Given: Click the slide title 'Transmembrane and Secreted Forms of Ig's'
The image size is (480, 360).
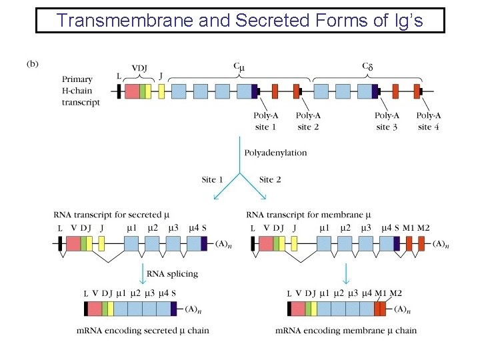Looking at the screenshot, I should coord(239,20).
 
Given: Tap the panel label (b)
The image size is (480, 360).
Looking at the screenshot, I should coord(32,64).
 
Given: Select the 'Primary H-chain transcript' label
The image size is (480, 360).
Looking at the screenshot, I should coord(81,91).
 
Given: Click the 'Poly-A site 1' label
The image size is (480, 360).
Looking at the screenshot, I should coord(265,121).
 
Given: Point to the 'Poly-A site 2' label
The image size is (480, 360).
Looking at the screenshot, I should coord(308,121).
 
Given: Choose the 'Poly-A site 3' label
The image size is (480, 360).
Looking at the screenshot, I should coord(387,121).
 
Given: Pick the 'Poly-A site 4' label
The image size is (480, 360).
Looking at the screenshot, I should coord(429,121).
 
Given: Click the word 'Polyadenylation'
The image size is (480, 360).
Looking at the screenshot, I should coord(276,153).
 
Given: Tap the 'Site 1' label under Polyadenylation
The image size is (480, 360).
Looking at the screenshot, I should coord(213,179).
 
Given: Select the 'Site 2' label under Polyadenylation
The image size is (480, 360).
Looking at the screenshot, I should coord(270,179).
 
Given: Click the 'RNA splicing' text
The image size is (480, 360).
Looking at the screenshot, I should coord(172,273).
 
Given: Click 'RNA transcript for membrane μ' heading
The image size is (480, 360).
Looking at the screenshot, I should coord(308,215).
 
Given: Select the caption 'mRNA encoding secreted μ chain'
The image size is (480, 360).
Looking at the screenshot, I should coord(142,330).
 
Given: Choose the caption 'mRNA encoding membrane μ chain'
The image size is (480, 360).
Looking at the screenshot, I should coord(346,330).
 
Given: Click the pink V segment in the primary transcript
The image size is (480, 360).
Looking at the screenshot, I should coord(132,91).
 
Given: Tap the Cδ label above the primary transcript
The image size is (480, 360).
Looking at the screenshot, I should coord(367,67).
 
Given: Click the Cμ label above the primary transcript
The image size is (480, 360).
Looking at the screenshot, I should coord(238,67).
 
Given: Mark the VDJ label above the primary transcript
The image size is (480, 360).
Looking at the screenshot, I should coord(140,68).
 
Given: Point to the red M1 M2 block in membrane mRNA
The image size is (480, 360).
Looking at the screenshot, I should coord(379,309).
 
